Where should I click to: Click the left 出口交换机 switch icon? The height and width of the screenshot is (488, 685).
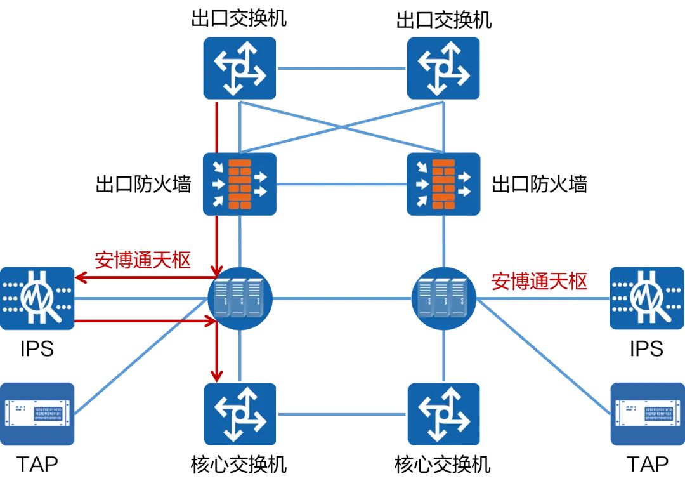(x=240, y=67)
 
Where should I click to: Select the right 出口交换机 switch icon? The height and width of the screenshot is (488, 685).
(x=443, y=67)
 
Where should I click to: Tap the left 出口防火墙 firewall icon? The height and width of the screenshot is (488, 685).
(x=240, y=184)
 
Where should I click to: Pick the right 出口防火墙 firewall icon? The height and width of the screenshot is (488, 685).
(x=443, y=184)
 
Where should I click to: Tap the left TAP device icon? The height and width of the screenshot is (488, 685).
(x=37, y=414)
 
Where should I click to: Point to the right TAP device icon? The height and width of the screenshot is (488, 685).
(x=646, y=414)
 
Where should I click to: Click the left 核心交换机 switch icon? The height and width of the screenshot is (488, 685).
(x=240, y=414)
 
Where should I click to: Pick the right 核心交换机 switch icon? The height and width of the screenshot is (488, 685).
(x=443, y=414)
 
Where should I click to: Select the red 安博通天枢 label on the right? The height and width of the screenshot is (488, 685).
(x=539, y=281)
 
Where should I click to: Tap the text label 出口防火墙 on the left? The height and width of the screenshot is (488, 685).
(x=143, y=184)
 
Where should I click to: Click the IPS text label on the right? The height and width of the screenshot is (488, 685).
(x=646, y=348)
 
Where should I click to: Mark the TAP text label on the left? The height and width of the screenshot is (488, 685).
(x=37, y=465)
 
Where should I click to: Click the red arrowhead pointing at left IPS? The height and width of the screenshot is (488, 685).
(x=80, y=277)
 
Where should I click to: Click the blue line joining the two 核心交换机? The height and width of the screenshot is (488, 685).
(x=341, y=414)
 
